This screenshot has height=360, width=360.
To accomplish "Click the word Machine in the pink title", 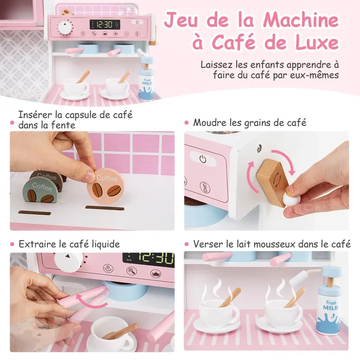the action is point(301,20).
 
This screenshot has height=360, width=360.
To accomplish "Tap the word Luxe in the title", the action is point(317,43).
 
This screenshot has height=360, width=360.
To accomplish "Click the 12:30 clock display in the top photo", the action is point(105,24).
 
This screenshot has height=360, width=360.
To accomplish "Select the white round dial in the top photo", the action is point(65,27).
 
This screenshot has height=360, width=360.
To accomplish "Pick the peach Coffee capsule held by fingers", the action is point(105,186).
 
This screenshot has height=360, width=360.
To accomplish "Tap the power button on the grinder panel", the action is point(203,159).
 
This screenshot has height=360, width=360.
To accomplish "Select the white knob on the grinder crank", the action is point(290,199).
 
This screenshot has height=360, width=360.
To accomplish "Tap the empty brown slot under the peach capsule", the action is point(105,208).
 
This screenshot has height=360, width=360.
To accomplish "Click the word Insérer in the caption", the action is point(35,115).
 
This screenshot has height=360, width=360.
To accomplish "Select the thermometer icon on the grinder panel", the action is point(205,187).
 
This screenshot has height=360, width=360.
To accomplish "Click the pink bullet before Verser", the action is point(186,244).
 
